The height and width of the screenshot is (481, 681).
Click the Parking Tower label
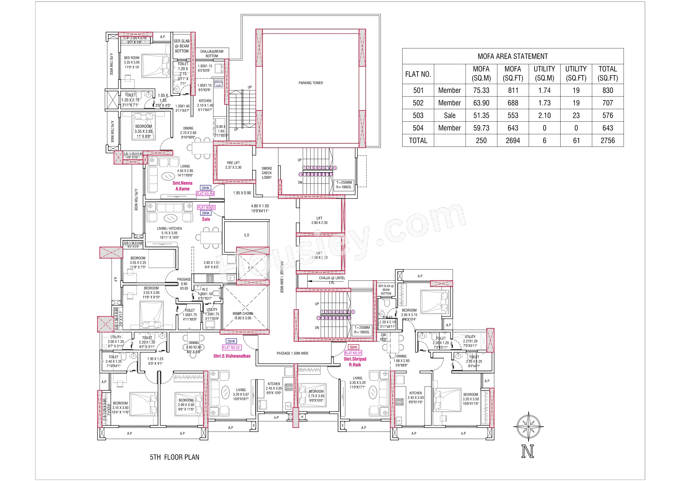(x=311, y=83)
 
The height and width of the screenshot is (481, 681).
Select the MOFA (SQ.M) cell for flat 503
(x=481, y=116)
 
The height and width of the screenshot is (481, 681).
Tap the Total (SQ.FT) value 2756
(x=607, y=141)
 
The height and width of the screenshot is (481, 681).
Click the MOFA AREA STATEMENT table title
(x=513, y=56)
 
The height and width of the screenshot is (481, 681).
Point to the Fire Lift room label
(x=233, y=165)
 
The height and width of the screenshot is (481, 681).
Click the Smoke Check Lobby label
(x=267, y=173)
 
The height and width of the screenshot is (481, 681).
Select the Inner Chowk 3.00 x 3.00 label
(x=243, y=316)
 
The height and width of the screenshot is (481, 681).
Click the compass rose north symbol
(x=528, y=427)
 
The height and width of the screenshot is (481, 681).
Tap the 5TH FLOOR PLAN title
(x=175, y=457)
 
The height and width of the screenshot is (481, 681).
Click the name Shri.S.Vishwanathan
(x=232, y=356)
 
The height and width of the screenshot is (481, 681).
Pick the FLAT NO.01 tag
(x=353, y=353)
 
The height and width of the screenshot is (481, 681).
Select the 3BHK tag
(x=353, y=347)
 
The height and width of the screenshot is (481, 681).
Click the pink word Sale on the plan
(x=206, y=219)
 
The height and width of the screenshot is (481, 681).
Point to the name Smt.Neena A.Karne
(x=182, y=186)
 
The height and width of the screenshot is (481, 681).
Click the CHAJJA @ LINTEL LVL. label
(x=332, y=280)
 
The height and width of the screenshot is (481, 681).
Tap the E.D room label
(x=247, y=235)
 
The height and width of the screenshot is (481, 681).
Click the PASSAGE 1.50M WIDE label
(x=292, y=353)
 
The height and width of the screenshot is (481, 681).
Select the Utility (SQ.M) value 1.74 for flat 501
(x=544, y=90)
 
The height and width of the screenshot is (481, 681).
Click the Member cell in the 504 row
(x=449, y=128)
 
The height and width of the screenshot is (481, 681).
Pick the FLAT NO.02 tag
(x=231, y=347)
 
